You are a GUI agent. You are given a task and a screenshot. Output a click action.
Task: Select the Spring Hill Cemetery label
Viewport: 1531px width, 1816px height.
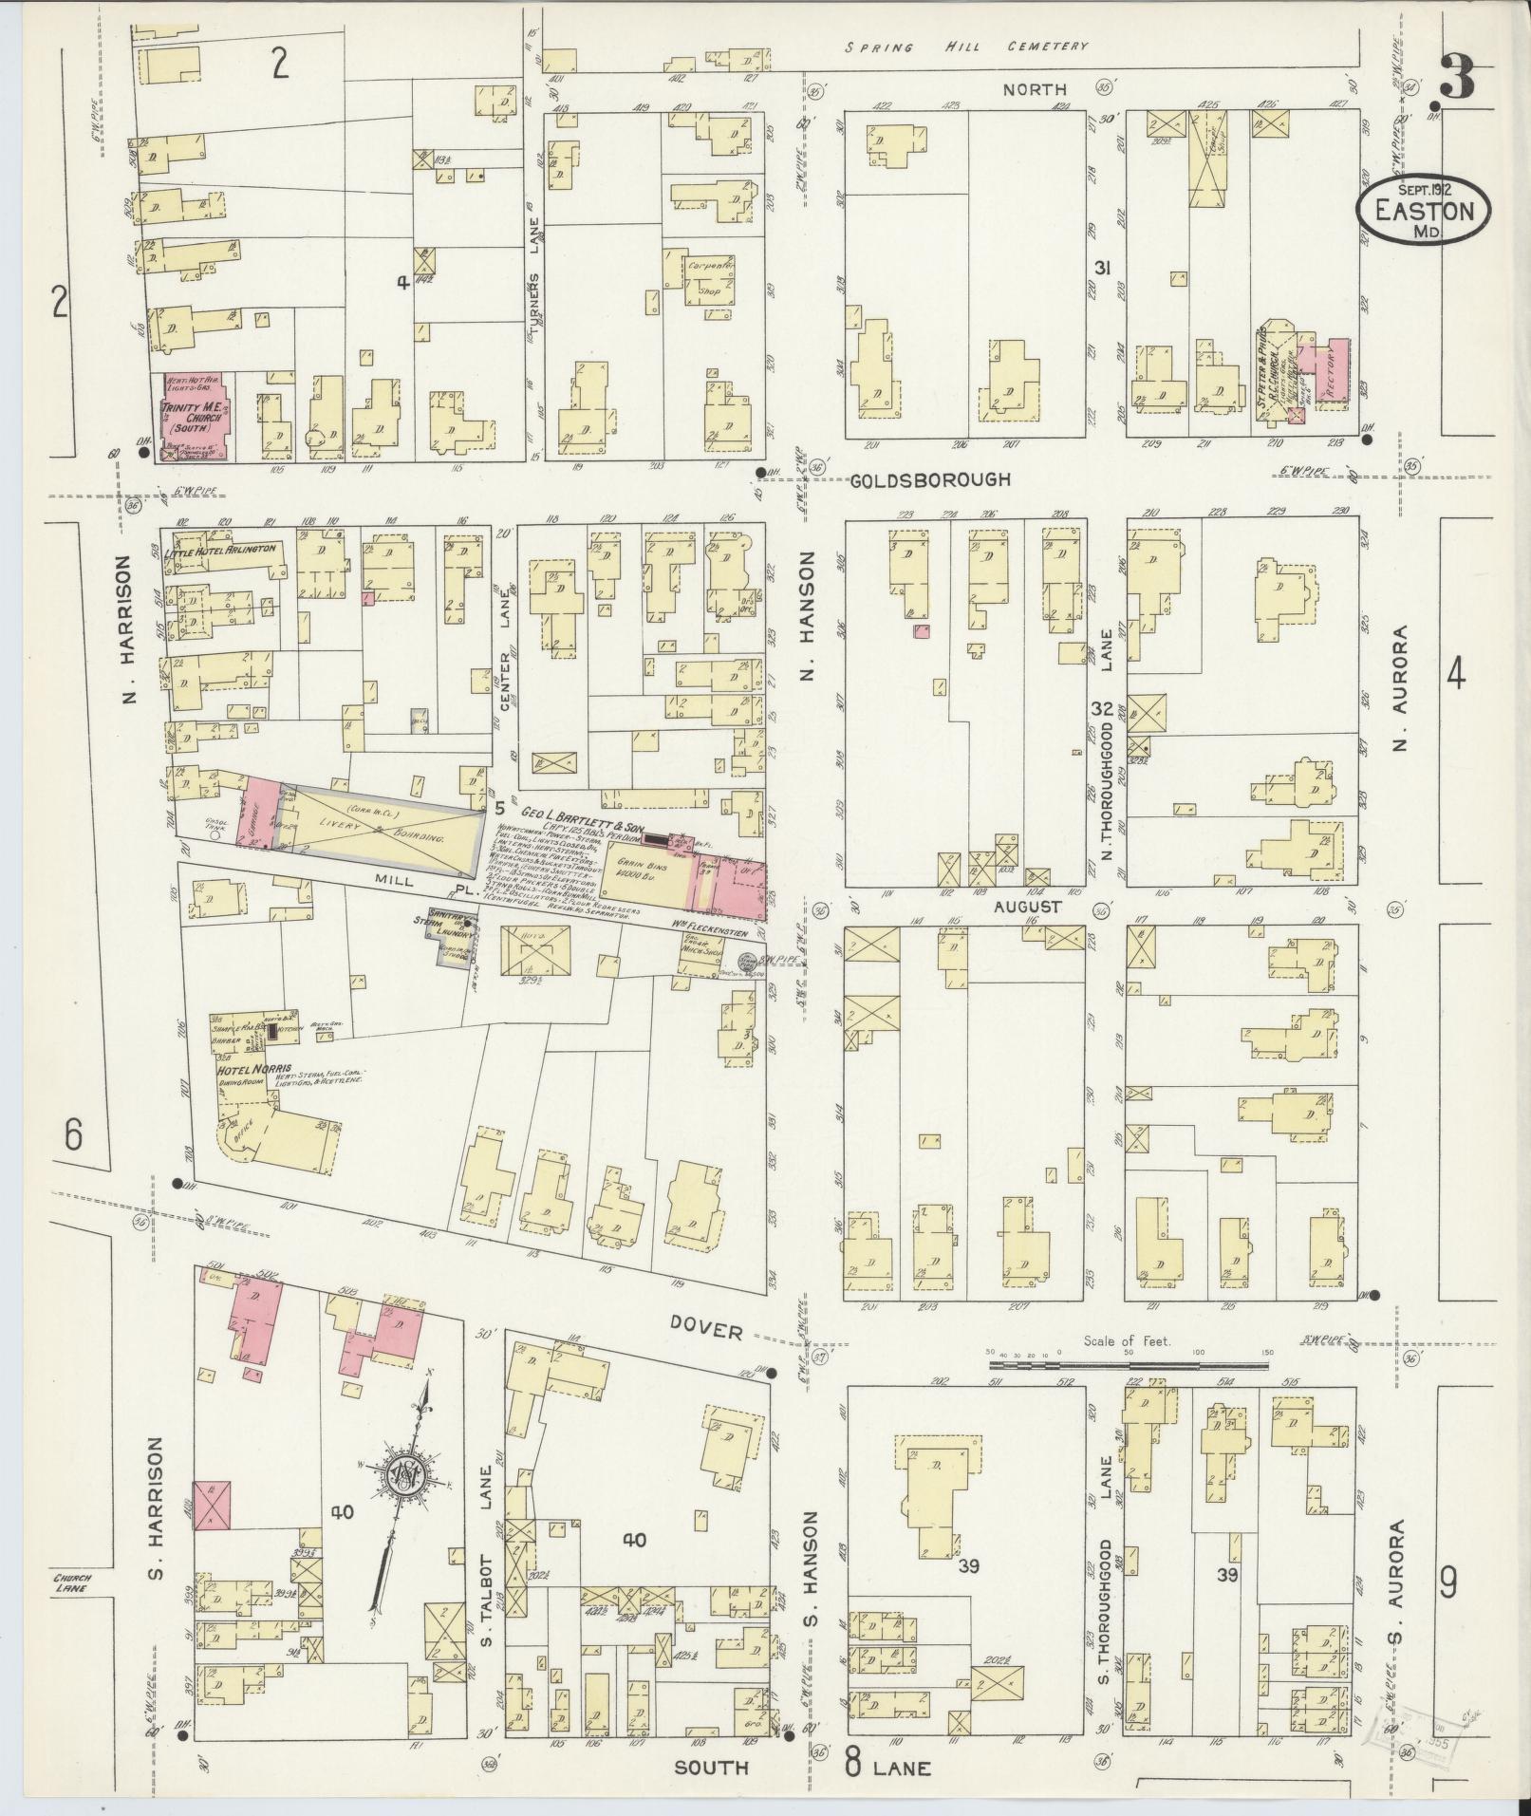click(x=966, y=46)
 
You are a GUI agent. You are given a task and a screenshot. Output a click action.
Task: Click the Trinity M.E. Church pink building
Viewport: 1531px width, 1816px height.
click(x=195, y=418)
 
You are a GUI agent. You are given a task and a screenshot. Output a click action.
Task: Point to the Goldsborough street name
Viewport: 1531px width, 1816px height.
click(x=929, y=480)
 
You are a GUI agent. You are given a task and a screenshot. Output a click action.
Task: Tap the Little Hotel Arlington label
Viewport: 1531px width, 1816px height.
click(x=220, y=550)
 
